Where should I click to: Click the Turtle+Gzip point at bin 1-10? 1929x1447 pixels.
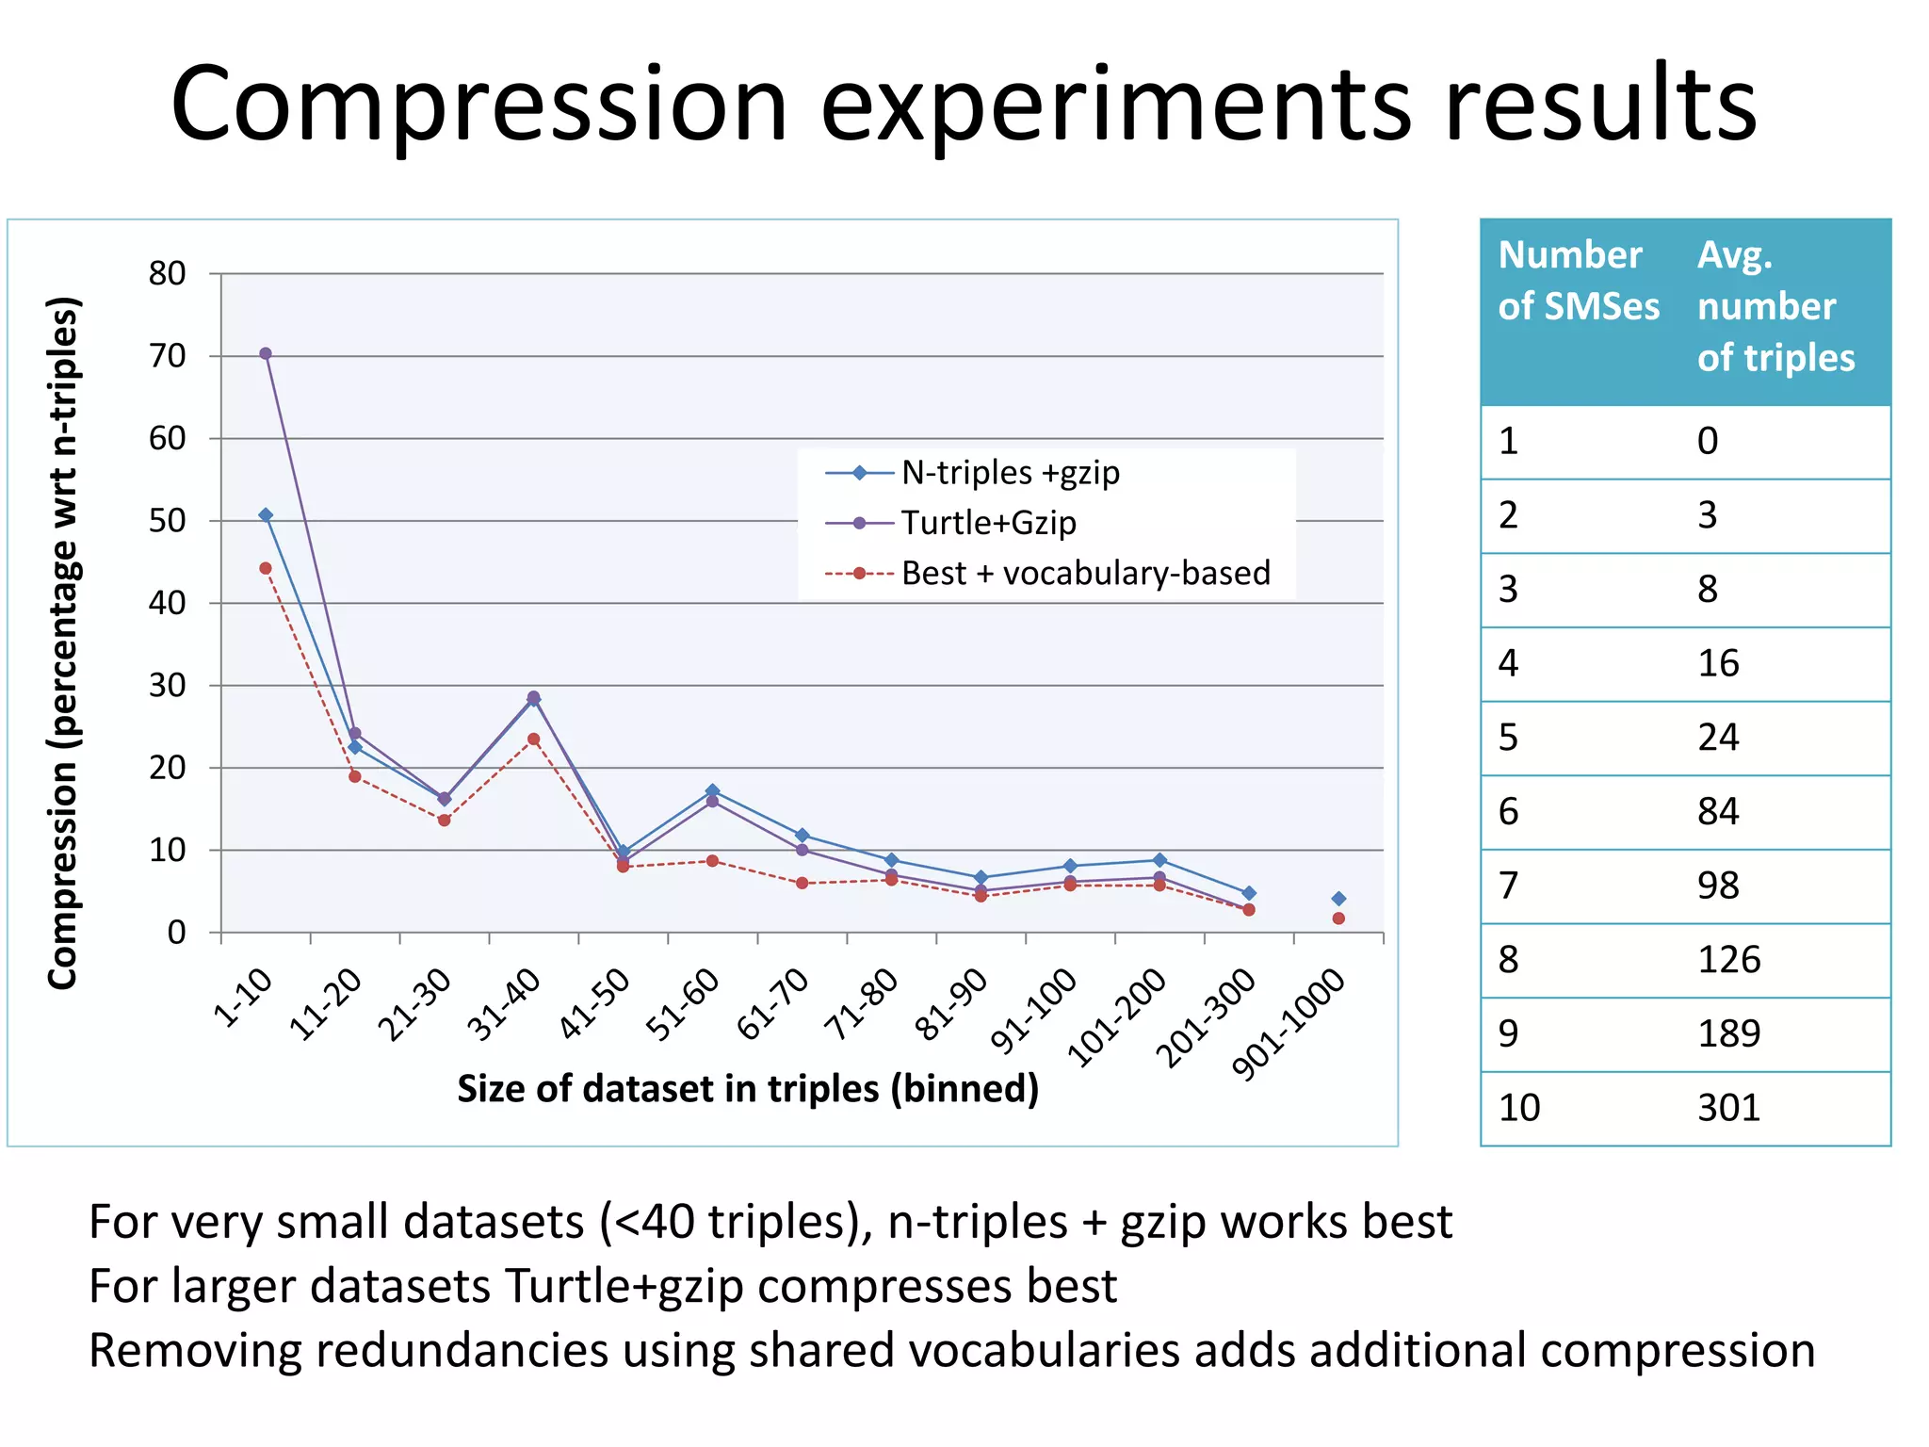[x=266, y=353]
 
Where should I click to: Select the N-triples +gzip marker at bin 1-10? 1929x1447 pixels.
[x=266, y=515]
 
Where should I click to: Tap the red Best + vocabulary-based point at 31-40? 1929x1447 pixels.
[x=533, y=740]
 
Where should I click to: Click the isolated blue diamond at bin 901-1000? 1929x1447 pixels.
[x=1338, y=899]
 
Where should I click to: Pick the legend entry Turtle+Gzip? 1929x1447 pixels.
[x=987, y=523]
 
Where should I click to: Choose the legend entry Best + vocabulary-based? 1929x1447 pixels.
[x=1085, y=573]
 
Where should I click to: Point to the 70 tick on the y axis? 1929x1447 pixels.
[x=168, y=356]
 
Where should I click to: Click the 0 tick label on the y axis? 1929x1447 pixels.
[x=176, y=933]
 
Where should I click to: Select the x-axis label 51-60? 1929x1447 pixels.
[x=683, y=1005]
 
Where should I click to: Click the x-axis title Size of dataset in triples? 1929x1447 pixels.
[x=748, y=1089]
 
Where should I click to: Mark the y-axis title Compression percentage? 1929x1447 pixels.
[x=63, y=642]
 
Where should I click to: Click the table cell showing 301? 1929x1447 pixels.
[x=1728, y=1108]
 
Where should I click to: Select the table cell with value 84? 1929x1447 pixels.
[x=1718, y=811]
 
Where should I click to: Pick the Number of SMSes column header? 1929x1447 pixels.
[x=1579, y=281]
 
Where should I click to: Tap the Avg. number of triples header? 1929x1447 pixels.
[x=1775, y=306]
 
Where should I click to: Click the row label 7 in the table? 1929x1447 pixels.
[x=1509, y=886]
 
